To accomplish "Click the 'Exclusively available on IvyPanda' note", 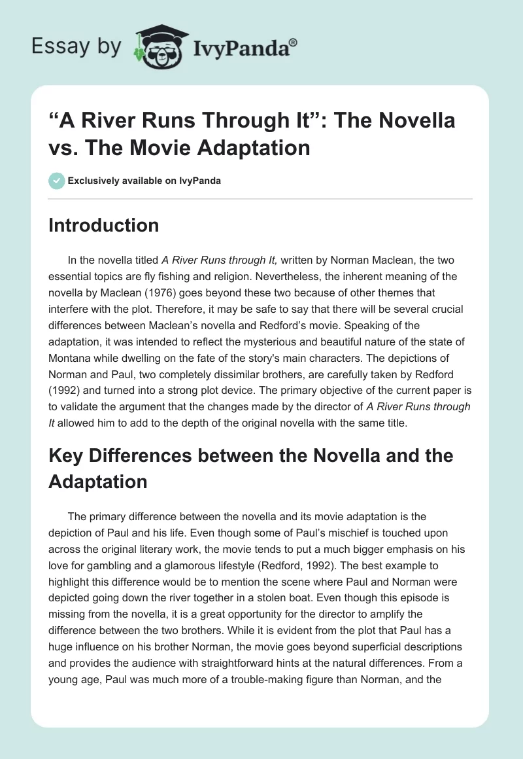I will [x=143, y=181].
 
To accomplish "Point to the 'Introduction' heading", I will [x=104, y=225].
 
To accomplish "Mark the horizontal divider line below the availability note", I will [x=261, y=198].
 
